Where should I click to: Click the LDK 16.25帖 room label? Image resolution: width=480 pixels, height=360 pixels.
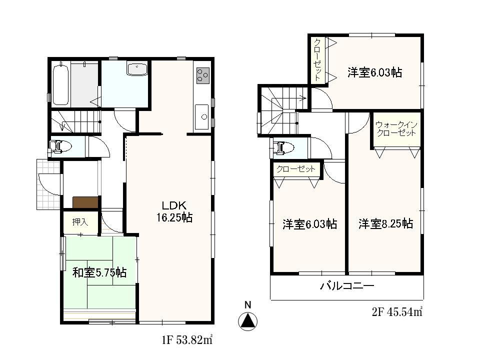pos(173,211)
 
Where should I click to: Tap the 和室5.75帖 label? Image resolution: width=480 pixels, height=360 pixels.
pos(99,273)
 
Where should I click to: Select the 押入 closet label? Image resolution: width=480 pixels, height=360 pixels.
pos(80,222)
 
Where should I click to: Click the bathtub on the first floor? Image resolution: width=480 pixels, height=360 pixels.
pos(60,83)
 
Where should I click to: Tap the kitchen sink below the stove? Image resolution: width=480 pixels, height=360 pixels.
pos(202,117)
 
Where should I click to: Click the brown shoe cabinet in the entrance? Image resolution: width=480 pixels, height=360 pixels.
pos(85,202)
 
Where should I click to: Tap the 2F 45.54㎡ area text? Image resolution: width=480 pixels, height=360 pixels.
pos(397,312)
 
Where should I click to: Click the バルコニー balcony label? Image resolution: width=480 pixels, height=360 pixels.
pos(347,287)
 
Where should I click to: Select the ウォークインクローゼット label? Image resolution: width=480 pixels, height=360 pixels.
pos(396,129)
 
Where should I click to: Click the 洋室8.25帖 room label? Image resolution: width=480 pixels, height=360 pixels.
pos(385,224)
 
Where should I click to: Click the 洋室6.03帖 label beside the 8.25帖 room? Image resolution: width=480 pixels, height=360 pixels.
pos(309,224)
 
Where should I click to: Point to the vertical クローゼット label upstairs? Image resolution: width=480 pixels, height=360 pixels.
pos(317,60)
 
